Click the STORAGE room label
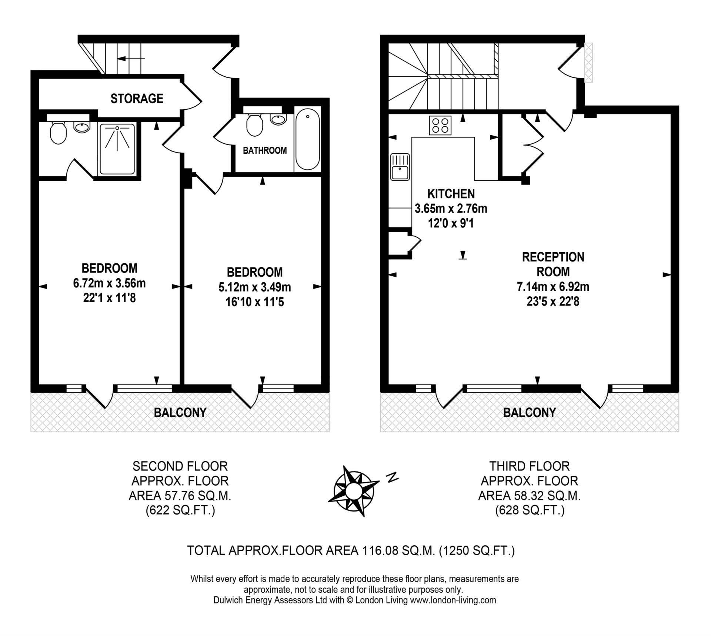coord(137,99)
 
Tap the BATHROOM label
coord(265,150)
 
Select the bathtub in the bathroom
coord(307,139)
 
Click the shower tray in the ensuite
coord(117,149)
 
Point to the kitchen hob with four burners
coord(440,125)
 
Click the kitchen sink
coord(400,167)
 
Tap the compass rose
coord(354,491)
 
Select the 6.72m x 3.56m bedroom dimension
coord(110,283)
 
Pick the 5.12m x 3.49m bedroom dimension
coord(255,287)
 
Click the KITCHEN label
coord(451,194)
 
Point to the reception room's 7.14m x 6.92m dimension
coord(553,287)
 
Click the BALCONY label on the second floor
coord(180,412)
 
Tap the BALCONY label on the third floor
coord(530,412)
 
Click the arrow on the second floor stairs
coord(131,59)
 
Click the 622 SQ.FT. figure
coord(180,511)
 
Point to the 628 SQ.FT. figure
coord(530,511)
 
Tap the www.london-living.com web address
coord(453,600)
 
